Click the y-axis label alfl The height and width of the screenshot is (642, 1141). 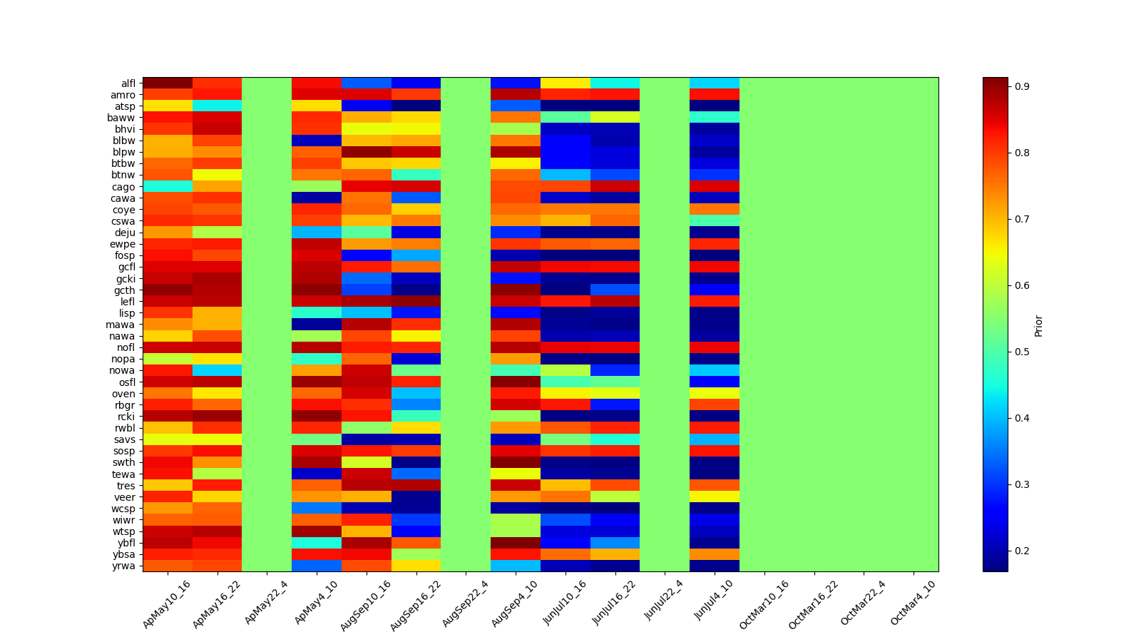tap(128, 83)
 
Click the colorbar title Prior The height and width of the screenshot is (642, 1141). tap(1038, 325)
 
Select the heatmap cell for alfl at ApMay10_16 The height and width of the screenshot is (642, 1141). tap(168, 83)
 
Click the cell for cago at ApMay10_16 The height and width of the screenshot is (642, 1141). tap(168, 186)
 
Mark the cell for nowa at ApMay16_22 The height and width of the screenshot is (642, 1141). tap(217, 370)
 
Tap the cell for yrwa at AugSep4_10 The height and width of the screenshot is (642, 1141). tap(516, 566)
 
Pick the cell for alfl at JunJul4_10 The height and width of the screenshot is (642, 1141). tap(715, 83)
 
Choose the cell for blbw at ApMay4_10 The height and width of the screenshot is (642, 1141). tap(317, 141)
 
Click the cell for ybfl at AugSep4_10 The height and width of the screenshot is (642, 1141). tap(516, 543)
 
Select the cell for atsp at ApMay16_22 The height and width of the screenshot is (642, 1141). tap(217, 106)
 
